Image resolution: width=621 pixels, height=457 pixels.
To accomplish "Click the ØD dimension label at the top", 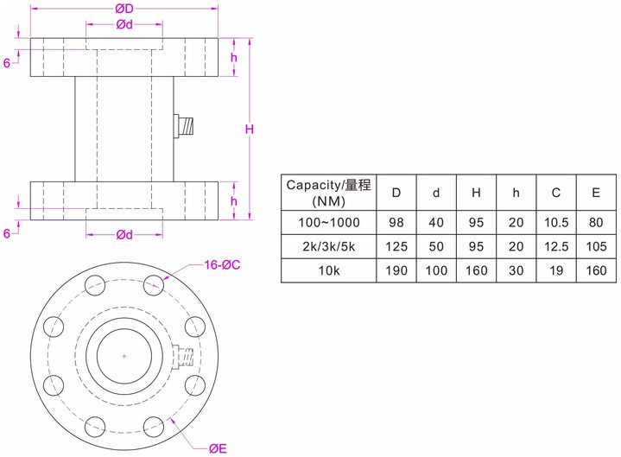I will tap(124, 9).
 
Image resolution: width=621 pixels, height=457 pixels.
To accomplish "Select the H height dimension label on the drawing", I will tap(248, 130).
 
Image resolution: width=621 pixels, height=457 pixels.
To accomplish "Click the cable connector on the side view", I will tap(186, 127).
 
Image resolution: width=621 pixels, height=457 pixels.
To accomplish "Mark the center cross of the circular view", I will tap(124, 356).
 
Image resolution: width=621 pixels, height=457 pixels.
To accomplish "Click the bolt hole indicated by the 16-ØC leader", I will tap(155, 283).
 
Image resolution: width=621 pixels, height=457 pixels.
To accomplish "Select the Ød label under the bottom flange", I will tap(124, 234).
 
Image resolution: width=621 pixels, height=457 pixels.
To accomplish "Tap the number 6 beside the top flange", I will tap(6, 63).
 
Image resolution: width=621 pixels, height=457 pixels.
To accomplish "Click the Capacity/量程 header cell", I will tap(329, 193).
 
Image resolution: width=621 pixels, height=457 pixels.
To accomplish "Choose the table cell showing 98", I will tap(396, 222).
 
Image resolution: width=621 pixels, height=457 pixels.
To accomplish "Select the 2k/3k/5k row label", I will tap(329, 246).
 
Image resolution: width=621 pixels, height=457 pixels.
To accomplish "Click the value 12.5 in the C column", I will tap(555, 246).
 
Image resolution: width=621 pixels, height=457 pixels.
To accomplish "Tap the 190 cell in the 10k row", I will tap(396, 270).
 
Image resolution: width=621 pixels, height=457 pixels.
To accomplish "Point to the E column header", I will tap(596, 193).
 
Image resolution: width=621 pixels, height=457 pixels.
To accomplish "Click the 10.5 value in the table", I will tap(555, 222).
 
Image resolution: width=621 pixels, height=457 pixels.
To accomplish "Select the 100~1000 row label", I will tap(329, 222).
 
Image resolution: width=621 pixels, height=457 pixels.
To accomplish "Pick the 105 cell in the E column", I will tap(596, 246).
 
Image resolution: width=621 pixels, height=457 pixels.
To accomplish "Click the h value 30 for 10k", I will tap(516, 270).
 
